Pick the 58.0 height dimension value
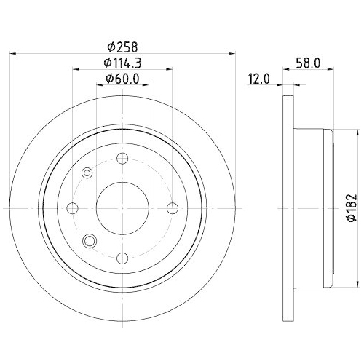(x=310, y=63)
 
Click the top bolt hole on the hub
(x=122, y=158)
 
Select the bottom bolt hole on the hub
(x=122, y=256)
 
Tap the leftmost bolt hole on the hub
(x=73, y=207)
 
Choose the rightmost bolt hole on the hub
(x=172, y=207)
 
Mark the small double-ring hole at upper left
(x=87, y=173)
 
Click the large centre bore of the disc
(x=122, y=207)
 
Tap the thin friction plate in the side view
(x=286, y=207)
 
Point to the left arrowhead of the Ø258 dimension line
(x=15, y=52)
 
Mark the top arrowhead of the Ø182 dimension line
(x=356, y=133)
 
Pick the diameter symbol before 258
(x=109, y=45)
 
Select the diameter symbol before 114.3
(x=106, y=63)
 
